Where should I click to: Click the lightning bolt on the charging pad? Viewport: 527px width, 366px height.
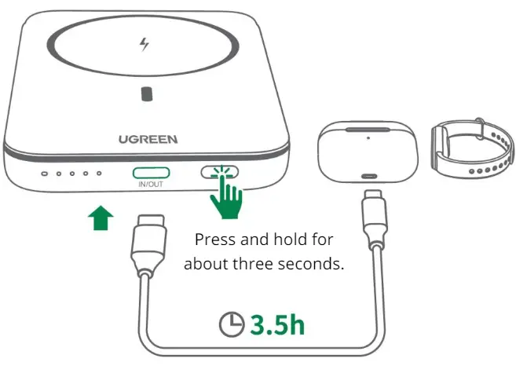[145, 44]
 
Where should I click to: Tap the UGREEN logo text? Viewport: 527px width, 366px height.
[148, 140]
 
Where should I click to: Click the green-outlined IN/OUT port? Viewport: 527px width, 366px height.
[152, 173]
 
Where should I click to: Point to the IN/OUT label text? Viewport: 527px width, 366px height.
[151, 184]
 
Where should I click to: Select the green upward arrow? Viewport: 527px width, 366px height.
[101, 218]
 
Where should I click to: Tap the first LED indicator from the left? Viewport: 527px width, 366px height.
[44, 174]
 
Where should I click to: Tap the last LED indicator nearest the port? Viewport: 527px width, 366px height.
[99, 174]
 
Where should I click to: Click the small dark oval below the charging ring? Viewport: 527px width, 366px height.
[147, 94]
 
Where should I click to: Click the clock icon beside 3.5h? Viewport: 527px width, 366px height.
[232, 324]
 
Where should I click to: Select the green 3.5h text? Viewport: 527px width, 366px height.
[277, 324]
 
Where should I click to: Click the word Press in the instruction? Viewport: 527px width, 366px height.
[215, 240]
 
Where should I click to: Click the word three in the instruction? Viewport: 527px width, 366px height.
[254, 263]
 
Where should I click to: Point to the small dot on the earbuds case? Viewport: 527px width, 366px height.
[368, 137]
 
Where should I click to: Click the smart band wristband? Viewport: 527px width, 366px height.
[472, 148]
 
